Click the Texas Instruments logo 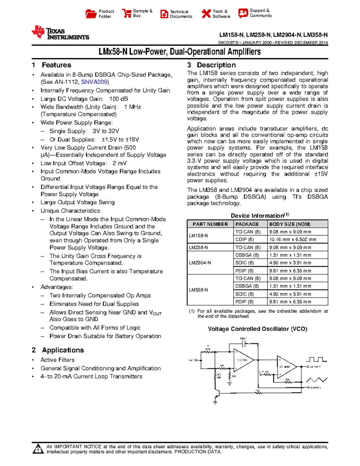(x=60, y=33)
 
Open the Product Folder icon (x=91, y=14)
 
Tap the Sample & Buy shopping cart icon (x=127, y=14)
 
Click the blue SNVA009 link (x=94, y=82)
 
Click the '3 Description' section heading (x=211, y=65)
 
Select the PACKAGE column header (x=247, y=224)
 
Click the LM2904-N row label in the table (x=200, y=263)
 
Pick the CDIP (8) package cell (x=244, y=239)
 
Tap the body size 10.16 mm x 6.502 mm (x=292, y=239)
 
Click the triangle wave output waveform (x=316, y=380)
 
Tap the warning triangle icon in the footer (x=38, y=449)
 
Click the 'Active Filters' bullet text (x=58, y=360)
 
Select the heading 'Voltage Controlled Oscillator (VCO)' (x=257, y=329)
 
